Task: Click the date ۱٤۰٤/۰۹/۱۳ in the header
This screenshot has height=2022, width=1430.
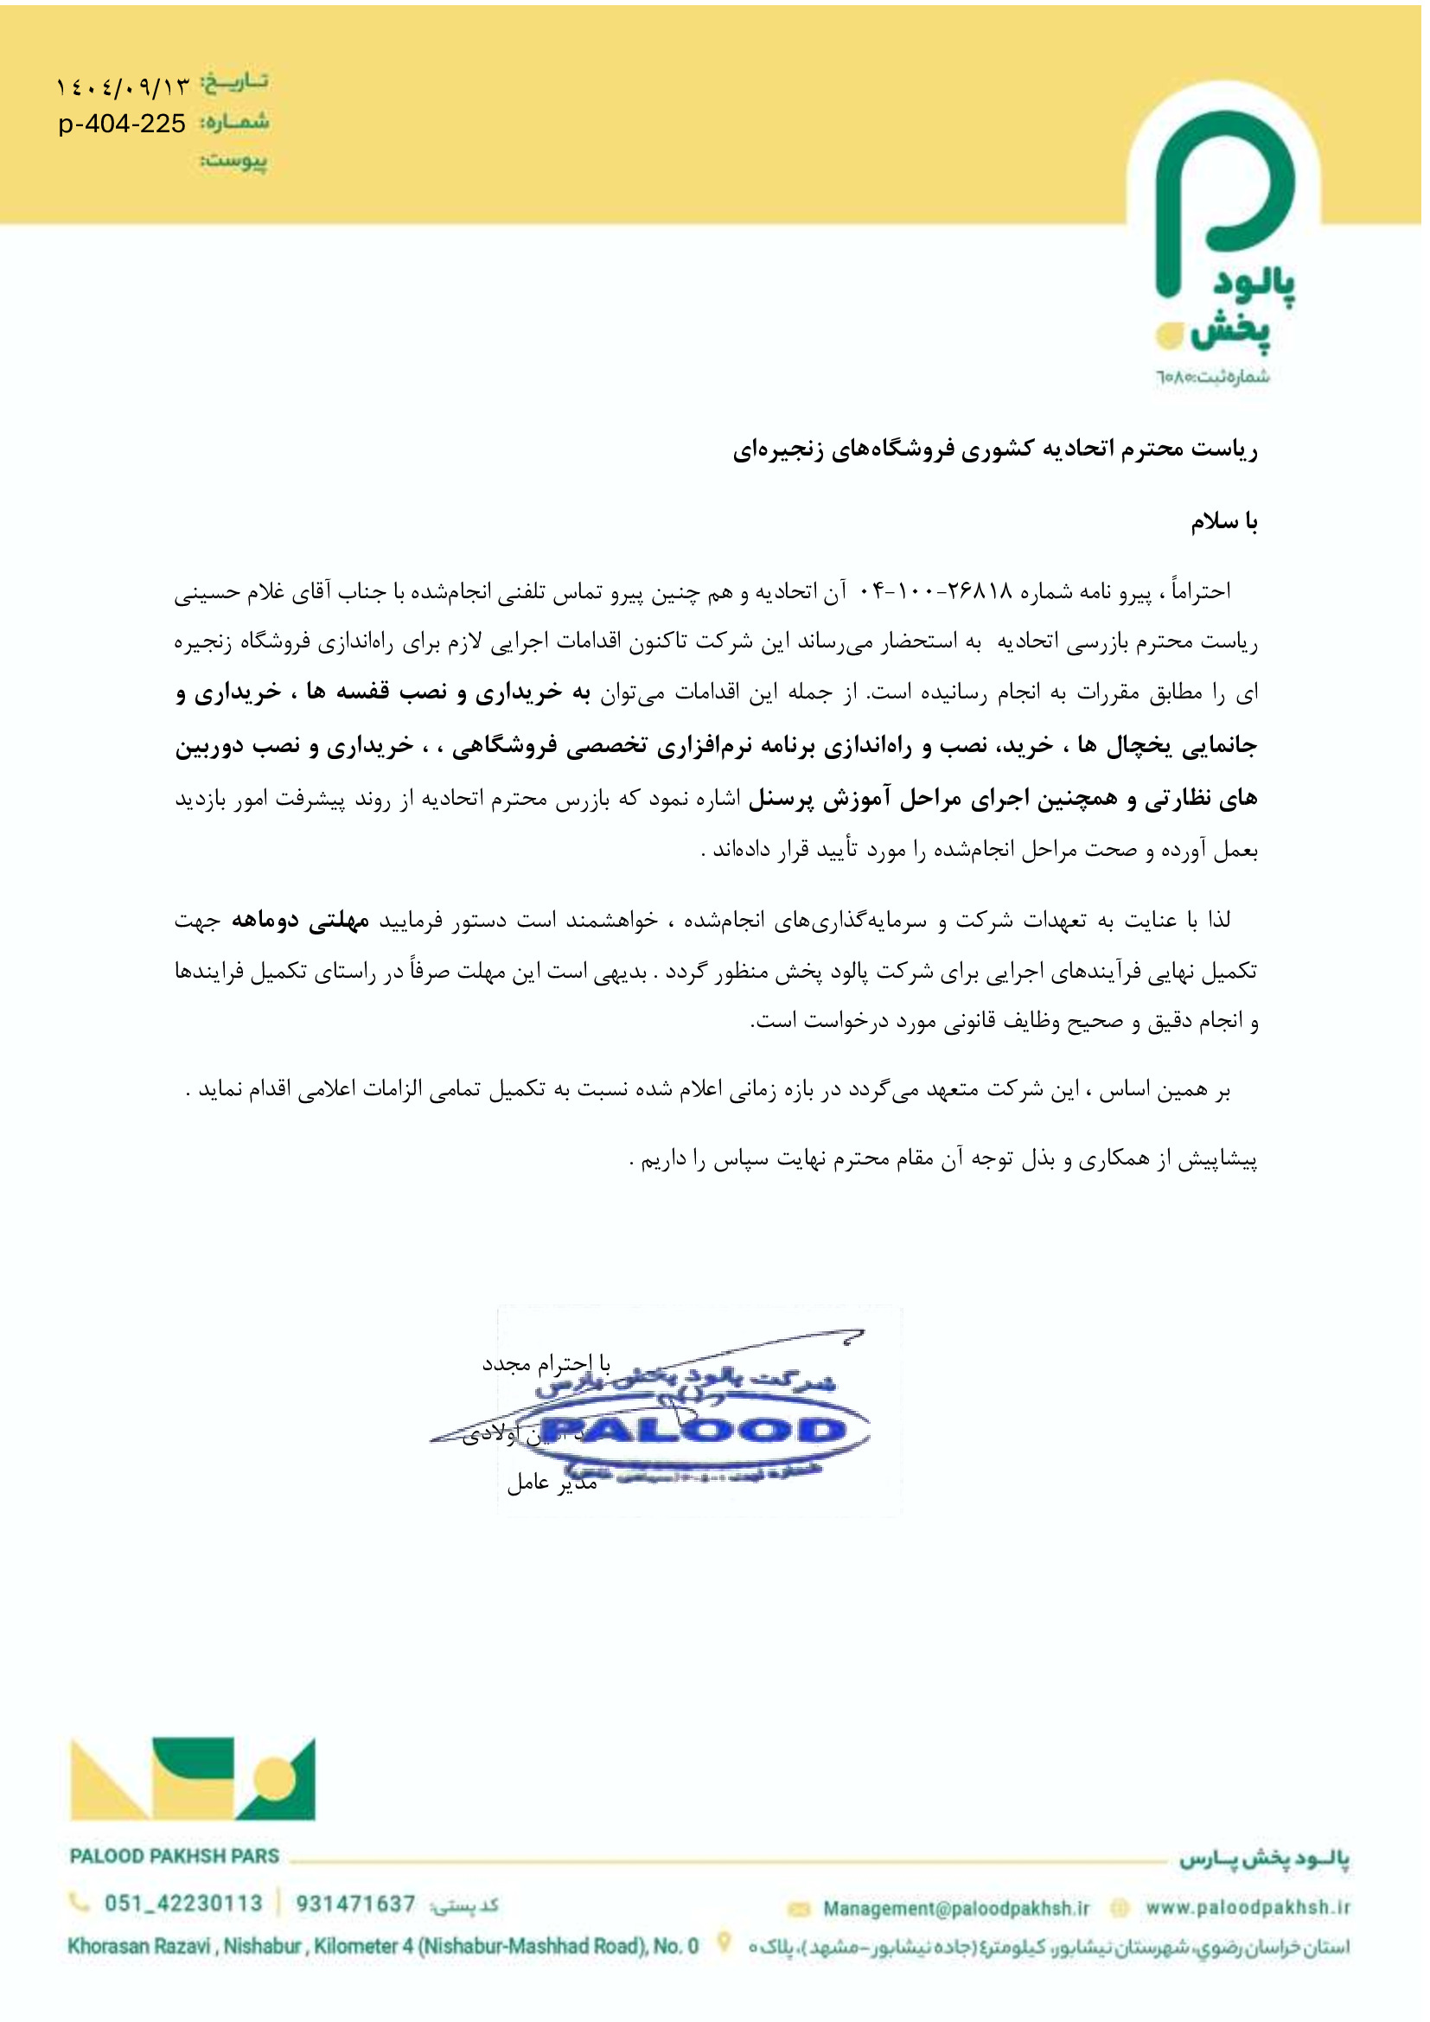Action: [124, 86]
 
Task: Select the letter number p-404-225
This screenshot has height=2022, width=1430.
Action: [123, 124]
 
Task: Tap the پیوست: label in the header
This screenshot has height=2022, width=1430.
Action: [234, 161]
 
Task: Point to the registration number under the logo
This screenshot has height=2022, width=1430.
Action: [1212, 377]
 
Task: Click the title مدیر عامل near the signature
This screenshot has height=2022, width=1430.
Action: [552, 1483]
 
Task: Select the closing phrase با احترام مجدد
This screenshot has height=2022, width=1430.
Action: [546, 1364]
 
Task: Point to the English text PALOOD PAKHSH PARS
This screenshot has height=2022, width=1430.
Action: [175, 1855]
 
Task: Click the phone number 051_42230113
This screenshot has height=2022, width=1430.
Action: [183, 1903]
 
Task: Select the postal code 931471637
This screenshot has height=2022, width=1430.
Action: [355, 1903]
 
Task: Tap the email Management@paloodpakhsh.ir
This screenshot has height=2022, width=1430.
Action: [955, 1908]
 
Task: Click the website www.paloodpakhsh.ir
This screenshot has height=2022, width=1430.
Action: [1247, 1907]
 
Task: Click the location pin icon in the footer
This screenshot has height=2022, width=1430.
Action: [724, 1941]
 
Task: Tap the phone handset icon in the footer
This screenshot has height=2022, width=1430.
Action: [80, 1902]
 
